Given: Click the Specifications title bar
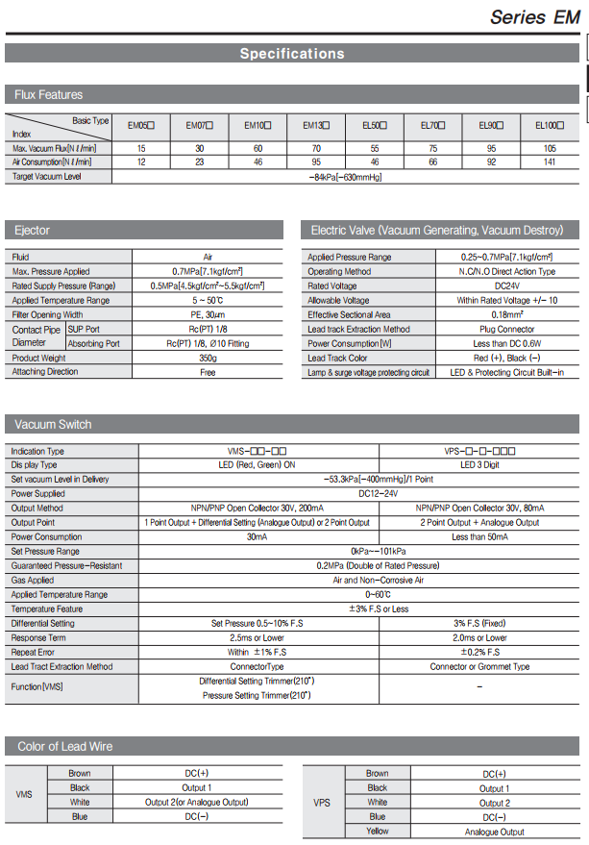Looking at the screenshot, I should click(x=291, y=54).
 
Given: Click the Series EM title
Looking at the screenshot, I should click(x=535, y=16).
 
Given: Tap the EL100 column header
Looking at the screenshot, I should click(x=550, y=126).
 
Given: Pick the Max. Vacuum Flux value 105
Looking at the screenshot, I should click(x=550, y=148).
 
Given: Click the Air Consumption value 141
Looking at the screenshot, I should click(x=550, y=162).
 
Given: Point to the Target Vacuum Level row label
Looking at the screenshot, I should click(x=46, y=177).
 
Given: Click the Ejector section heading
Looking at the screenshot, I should click(x=33, y=231).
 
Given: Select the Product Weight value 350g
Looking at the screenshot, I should click(x=208, y=358).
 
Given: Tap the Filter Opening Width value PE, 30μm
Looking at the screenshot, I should click(x=208, y=314).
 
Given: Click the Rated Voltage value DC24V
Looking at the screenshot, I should click(x=494, y=286).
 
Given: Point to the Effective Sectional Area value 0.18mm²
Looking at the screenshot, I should click(x=494, y=314).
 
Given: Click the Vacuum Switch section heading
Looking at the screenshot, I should click(x=54, y=424).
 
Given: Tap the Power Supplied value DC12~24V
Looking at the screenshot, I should click(x=360, y=493).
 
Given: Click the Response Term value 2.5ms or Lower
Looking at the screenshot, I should click(x=259, y=637).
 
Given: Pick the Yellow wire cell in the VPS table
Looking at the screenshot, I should click(x=378, y=831).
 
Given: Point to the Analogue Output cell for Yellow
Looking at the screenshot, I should click(x=494, y=831).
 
